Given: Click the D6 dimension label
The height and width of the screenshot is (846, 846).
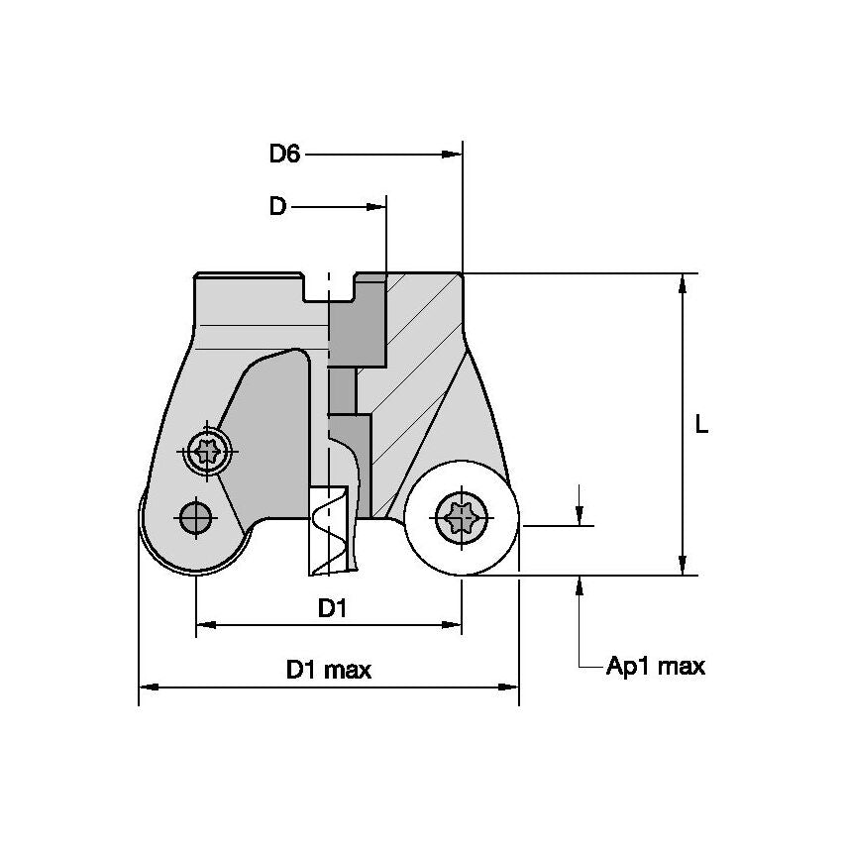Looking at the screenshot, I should tap(284, 154).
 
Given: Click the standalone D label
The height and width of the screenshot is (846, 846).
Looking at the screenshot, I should tap(277, 206).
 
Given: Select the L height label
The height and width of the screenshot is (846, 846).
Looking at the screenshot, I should tap(701, 424).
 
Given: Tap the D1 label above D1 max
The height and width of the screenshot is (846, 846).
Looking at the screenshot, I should tap(333, 608).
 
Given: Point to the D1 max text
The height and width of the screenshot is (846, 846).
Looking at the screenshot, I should tap(329, 670).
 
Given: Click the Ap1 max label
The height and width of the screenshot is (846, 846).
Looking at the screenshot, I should tap(656, 666).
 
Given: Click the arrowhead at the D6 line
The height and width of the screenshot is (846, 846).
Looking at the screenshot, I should tap(454, 154).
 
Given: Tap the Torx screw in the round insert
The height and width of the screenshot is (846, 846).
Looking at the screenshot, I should tap(461, 517).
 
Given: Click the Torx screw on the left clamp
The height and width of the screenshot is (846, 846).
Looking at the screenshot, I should tap(207, 454).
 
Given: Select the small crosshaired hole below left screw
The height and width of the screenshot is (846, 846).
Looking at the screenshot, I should tap(195, 514).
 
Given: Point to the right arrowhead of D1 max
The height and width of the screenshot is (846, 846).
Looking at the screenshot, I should tap(511, 686).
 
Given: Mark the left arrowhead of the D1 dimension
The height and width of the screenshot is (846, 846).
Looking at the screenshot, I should tap(203, 624).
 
